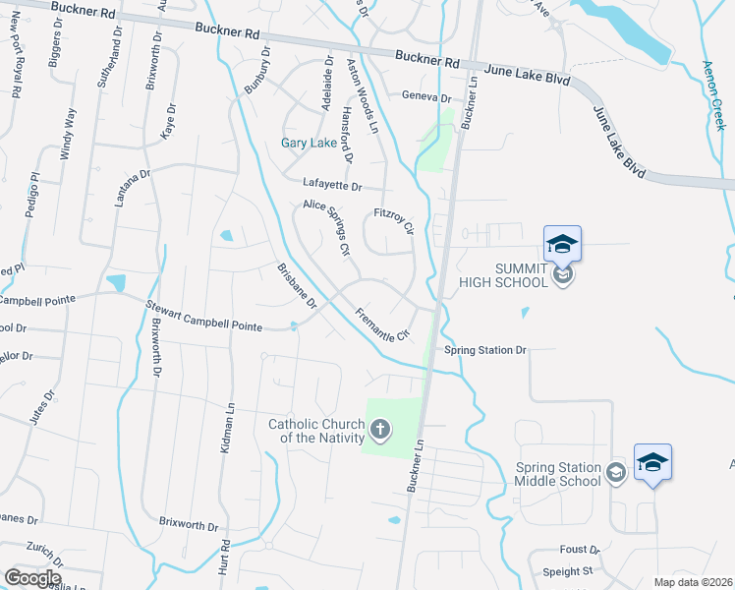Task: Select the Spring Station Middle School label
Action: point(557,474)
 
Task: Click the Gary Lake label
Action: point(310,143)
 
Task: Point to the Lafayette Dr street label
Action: point(332,186)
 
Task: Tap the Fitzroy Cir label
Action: point(395,219)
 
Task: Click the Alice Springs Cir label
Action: point(327,226)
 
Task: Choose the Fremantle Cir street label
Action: point(381,324)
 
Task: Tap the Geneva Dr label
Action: point(425,98)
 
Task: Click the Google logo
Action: point(31,577)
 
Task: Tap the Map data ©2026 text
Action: point(693,582)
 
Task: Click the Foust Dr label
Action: point(580,549)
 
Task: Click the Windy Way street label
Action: point(68,134)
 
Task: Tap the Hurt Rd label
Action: point(225,556)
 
